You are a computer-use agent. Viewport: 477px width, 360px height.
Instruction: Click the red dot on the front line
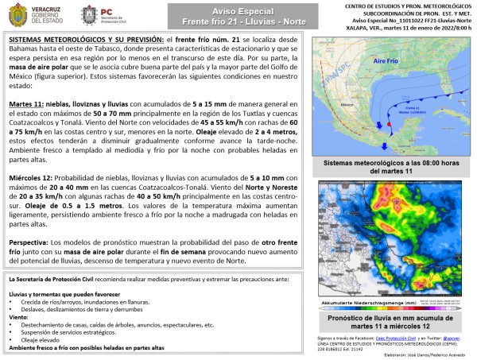point(390,125)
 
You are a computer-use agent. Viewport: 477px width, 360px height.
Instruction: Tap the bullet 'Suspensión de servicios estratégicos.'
point(71,332)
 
